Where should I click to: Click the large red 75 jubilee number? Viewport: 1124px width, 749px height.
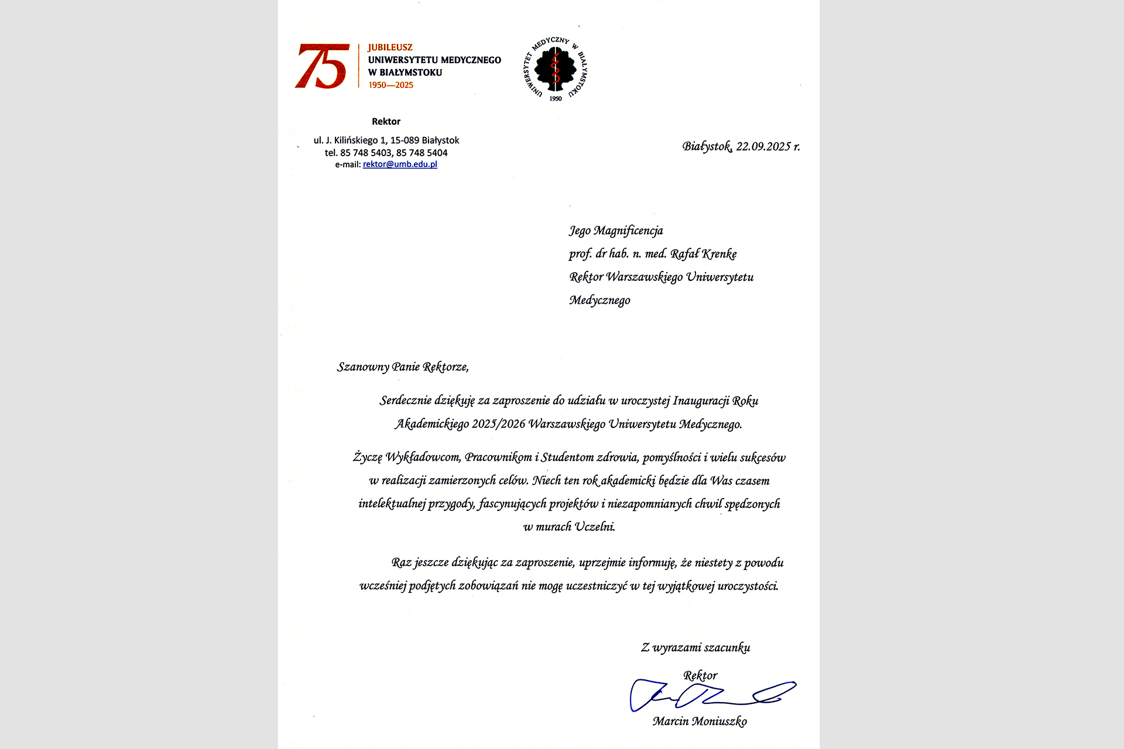click(321, 66)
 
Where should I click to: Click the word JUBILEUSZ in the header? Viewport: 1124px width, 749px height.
click(390, 47)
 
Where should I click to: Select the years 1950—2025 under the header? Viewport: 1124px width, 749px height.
click(390, 85)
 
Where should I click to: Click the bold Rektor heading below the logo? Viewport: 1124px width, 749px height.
click(386, 122)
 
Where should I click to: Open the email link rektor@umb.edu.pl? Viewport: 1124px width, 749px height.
click(400, 164)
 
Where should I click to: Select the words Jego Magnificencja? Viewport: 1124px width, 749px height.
click(616, 231)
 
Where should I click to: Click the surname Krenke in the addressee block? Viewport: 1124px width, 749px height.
click(719, 254)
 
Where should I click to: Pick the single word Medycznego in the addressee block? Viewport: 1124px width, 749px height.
click(599, 300)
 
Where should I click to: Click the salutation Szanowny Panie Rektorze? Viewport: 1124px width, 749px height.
click(403, 367)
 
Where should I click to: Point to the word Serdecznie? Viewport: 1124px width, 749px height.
click(406, 401)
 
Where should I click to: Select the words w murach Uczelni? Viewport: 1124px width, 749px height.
click(569, 527)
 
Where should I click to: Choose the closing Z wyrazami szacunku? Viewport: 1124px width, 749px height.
click(695, 648)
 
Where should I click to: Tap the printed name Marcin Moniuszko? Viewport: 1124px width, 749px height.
click(700, 721)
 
